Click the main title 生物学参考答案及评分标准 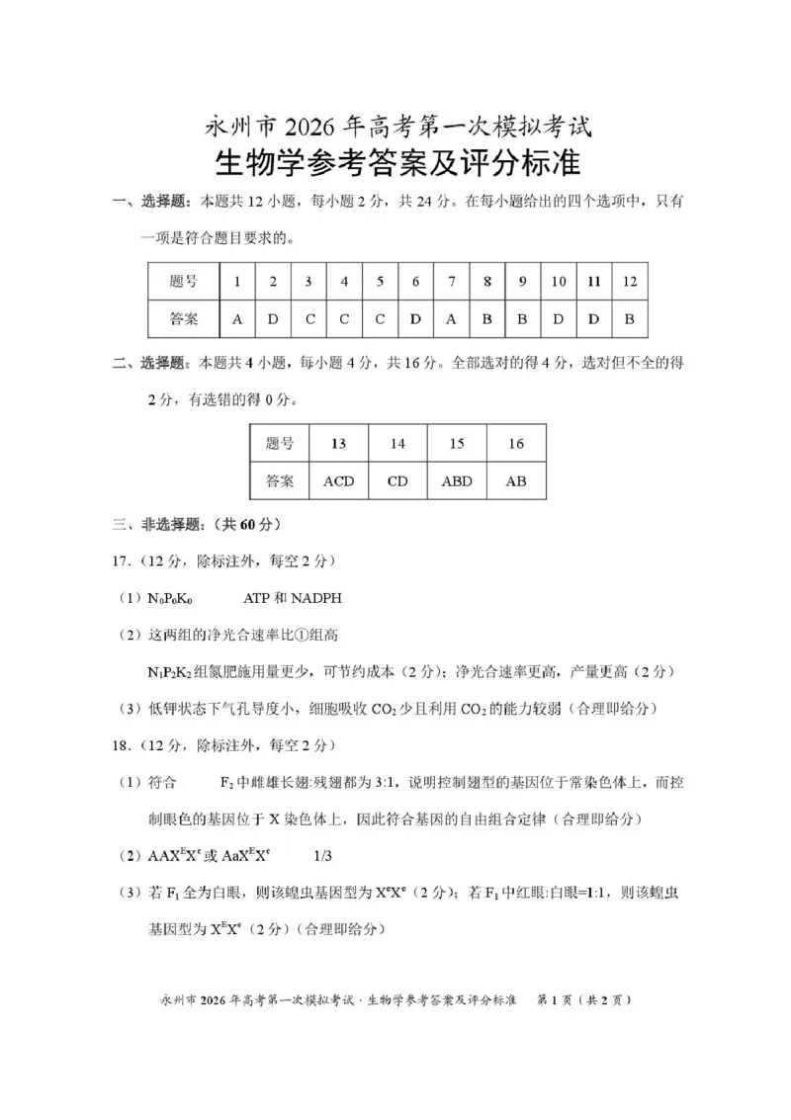click(x=396, y=161)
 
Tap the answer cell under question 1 click(x=237, y=319)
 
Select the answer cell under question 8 click(x=486, y=319)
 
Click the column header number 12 click(x=629, y=282)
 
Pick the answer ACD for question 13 click(x=338, y=481)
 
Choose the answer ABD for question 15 click(x=457, y=481)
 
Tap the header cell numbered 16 click(x=516, y=444)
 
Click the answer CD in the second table click(x=397, y=481)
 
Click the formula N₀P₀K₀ click(x=170, y=598)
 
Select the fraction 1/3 click(x=323, y=855)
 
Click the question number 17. click(x=120, y=561)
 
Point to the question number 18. click(x=120, y=744)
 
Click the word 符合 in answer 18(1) click(x=163, y=782)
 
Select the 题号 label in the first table click(x=184, y=282)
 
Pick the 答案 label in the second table click(x=280, y=481)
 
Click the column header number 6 click(x=415, y=282)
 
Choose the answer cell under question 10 click(x=559, y=319)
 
